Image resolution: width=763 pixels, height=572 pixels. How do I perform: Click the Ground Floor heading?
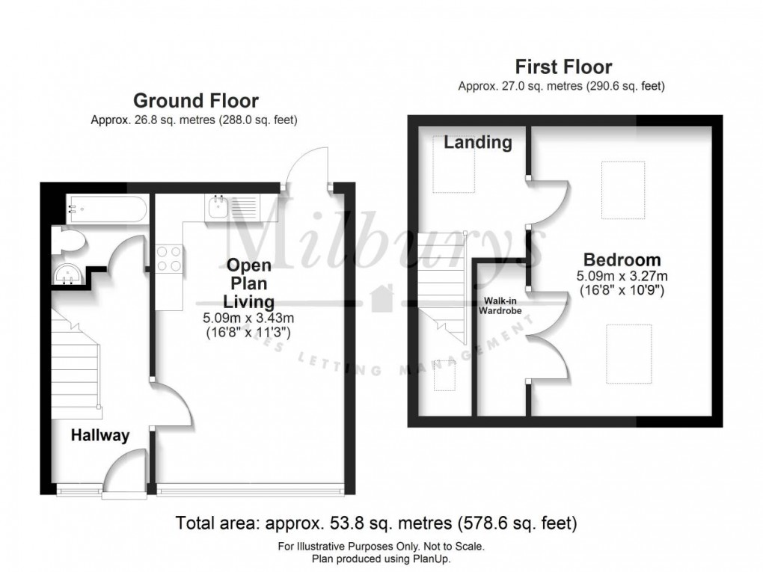tap(196, 100)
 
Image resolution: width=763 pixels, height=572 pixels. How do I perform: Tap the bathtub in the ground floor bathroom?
tap(107, 207)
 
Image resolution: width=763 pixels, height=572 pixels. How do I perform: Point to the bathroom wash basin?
tap(68, 274)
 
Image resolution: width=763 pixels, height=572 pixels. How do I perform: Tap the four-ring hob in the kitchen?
tap(170, 259)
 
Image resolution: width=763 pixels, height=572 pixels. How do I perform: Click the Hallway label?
tap(99, 435)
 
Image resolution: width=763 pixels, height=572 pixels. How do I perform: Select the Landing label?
tap(477, 142)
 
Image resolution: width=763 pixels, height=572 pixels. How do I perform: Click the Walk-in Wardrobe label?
tap(502, 305)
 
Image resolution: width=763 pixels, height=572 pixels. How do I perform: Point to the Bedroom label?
tap(622, 260)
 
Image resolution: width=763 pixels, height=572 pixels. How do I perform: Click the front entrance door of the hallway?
tap(123, 473)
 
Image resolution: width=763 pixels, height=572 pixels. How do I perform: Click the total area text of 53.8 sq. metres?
tap(376, 523)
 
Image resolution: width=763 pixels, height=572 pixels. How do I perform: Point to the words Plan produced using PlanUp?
tap(381, 559)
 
